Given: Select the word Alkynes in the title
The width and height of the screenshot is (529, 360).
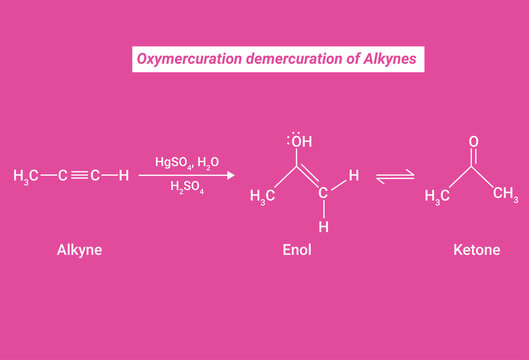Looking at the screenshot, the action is [x=396, y=60].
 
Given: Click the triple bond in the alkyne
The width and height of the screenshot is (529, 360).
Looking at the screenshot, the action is [x=79, y=176].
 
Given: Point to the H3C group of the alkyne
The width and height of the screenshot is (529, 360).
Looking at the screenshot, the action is [x=26, y=177].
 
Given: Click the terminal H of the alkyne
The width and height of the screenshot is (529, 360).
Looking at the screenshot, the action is [x=123, y=176].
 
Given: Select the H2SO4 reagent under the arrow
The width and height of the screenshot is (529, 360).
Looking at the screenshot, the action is [x=186, y=187].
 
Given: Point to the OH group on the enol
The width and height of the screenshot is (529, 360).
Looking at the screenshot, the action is [x=301, y=140].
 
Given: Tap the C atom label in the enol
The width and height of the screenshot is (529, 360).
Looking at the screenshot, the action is [x=323, y=195].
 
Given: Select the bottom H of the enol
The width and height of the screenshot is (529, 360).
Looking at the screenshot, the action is [x=323, y=227].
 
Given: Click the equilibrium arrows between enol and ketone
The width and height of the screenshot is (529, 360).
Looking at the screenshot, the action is [x=395, y=177].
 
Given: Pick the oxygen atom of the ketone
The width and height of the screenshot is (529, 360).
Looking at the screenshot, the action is [x=473, y=142].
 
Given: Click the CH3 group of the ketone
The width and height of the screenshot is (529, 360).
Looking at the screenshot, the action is [x=504, y=192].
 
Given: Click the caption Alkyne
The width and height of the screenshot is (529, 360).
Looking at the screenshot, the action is [x=79, y=250].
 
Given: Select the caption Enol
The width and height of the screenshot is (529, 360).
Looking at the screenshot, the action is [x=296, y=250].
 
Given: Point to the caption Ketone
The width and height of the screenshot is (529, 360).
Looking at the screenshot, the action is [x=476, y=250].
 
